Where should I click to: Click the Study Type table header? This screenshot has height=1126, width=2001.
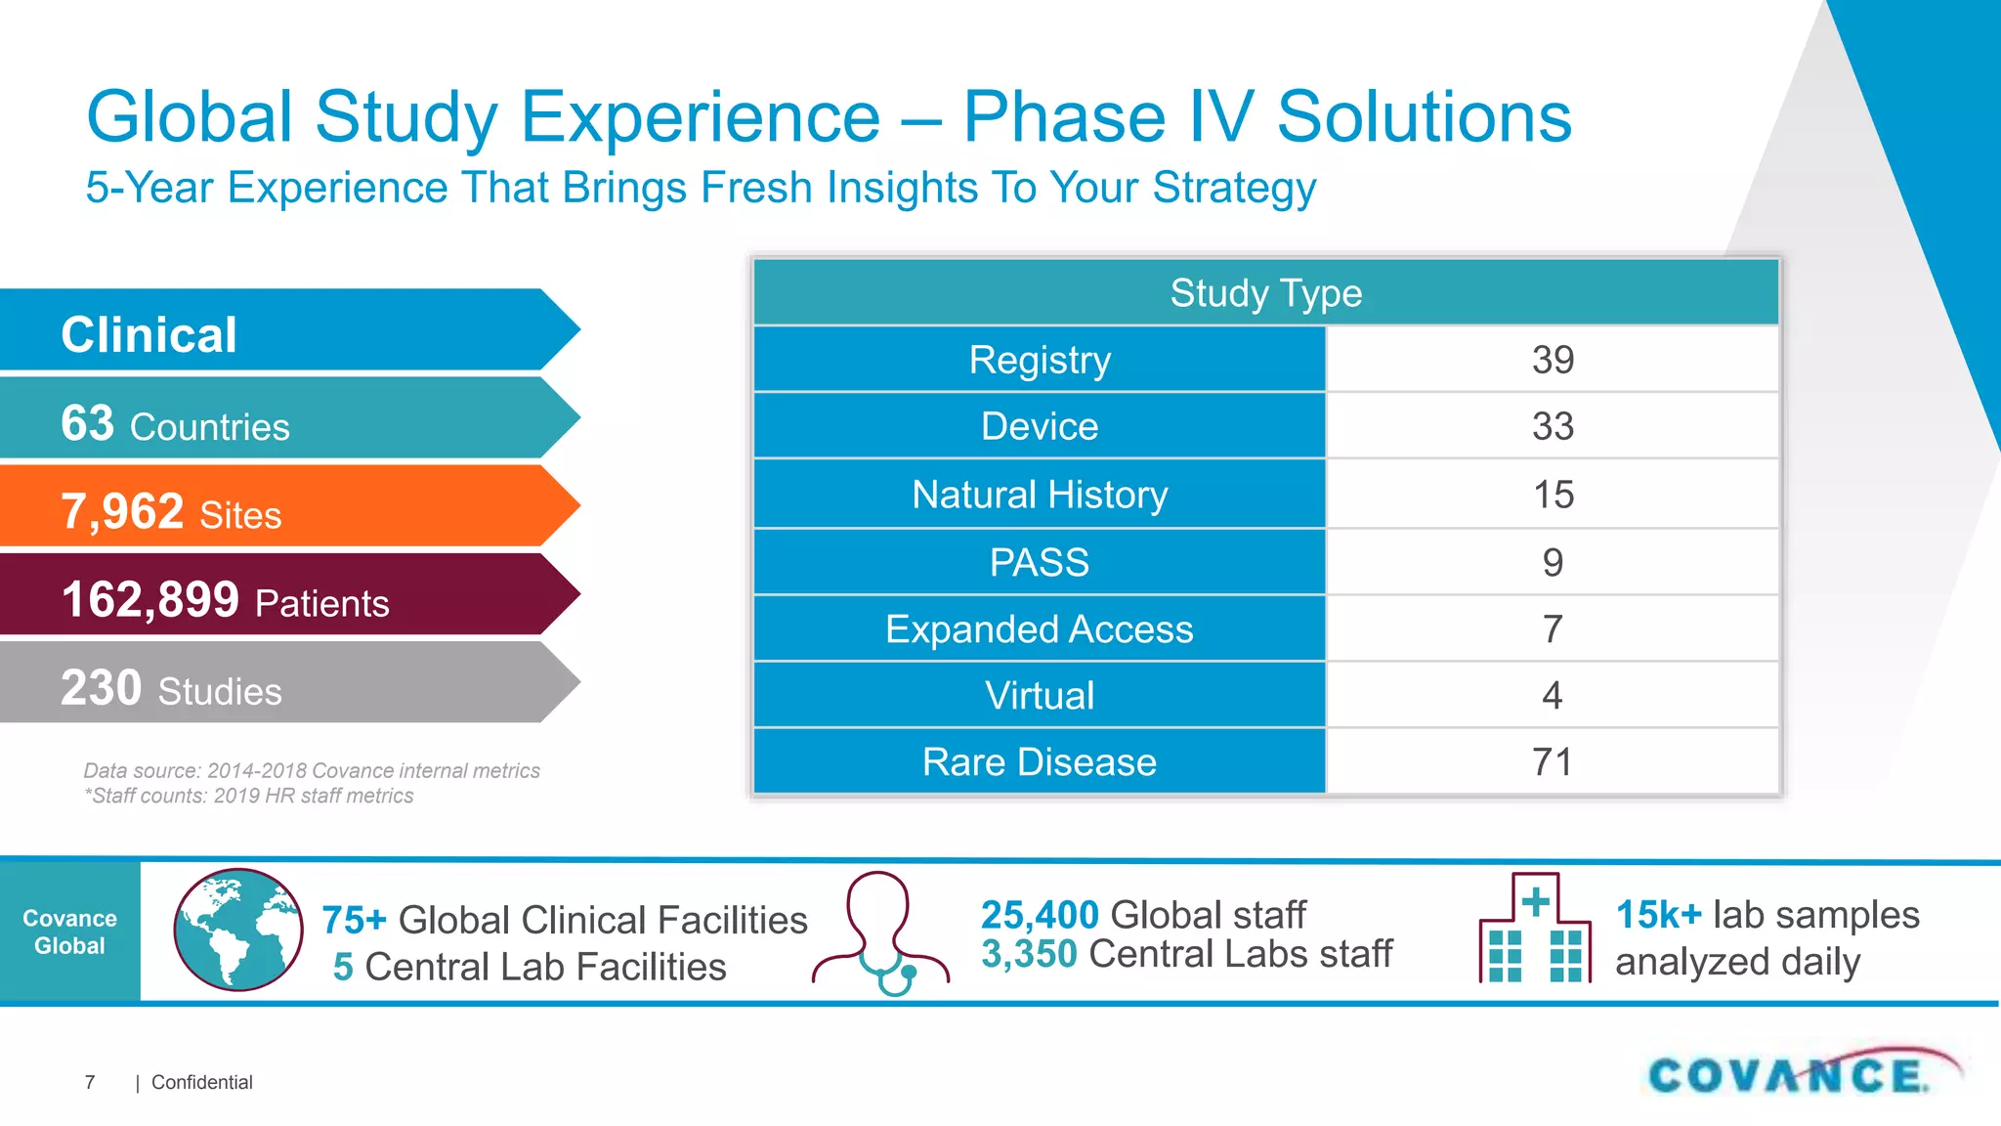tap(1265, 293)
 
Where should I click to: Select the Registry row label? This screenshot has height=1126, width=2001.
tap(1040, 360)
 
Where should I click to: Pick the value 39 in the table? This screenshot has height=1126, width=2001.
tap(1553, 360)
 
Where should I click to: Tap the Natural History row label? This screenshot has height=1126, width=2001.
tap(1040, 495)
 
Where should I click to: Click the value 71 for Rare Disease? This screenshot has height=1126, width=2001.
tap(1553, 762)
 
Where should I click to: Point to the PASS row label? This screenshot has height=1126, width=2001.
tap(1040, 563)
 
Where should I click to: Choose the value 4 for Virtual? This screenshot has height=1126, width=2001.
tap(1553, 696)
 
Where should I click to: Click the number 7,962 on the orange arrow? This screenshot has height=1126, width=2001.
tap(122, 511)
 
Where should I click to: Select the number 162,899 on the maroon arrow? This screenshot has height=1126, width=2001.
tap(149, 599)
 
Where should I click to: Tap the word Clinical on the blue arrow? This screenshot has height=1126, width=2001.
tap(149, 335)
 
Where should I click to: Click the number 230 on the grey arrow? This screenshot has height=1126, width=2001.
tap(101, 687)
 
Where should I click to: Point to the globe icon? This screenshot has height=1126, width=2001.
tap(238, 930)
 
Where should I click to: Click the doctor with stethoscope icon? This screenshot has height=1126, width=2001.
tap(880, 933)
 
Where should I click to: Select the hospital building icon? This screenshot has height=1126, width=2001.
tap(1535, 929)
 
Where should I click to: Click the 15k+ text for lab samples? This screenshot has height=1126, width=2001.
tap(1658, 915)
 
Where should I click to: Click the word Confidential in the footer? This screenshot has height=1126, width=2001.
tap(201, 1082)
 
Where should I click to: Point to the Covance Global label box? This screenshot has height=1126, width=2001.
tap(69, 932)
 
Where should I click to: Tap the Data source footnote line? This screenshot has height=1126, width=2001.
tap(311, 770)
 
